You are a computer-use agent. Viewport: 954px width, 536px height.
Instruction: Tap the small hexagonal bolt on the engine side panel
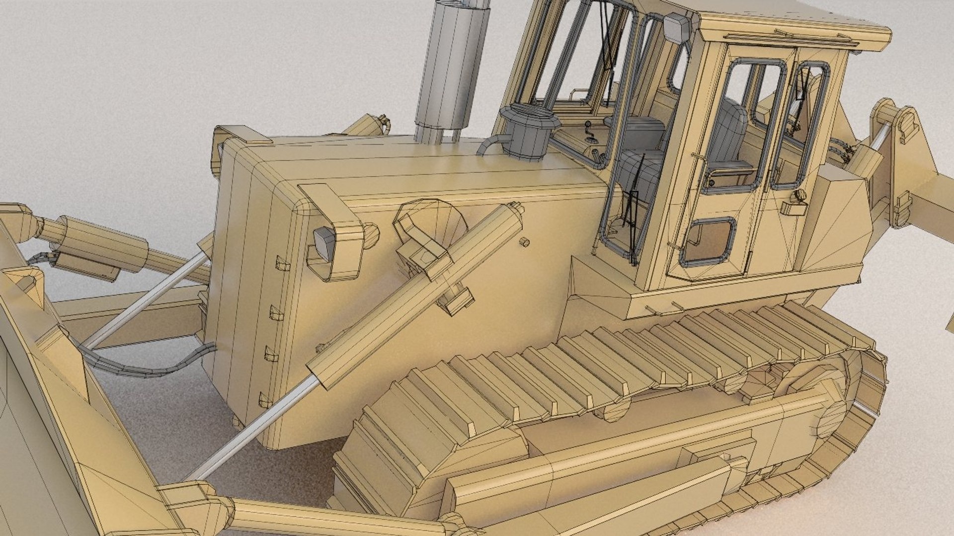click(523, 242)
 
